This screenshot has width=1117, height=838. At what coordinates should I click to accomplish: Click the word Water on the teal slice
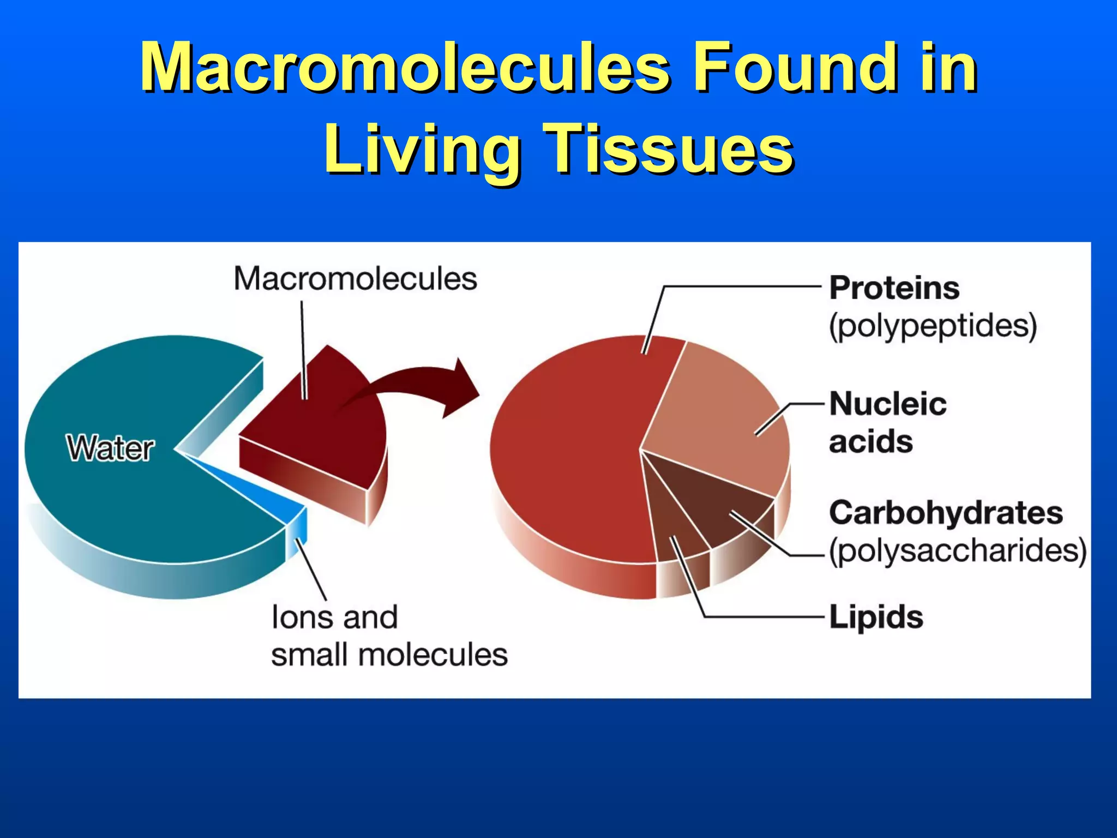click(x=111, y=448)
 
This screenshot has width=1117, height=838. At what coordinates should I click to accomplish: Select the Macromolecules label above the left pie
click(x=355, y=279)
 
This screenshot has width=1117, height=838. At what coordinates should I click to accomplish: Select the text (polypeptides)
click(x=933, y=326)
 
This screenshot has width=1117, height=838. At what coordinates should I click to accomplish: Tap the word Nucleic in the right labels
click(x=888, y=404)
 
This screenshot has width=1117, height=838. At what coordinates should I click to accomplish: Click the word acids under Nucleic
click(x=870, y=441)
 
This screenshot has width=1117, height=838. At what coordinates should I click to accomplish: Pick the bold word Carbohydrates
click(x=946, y=513)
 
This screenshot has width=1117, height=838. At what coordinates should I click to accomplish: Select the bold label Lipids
click(x=876, y=617)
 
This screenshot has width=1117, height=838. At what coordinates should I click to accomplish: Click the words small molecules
click(x=389, y=655)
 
